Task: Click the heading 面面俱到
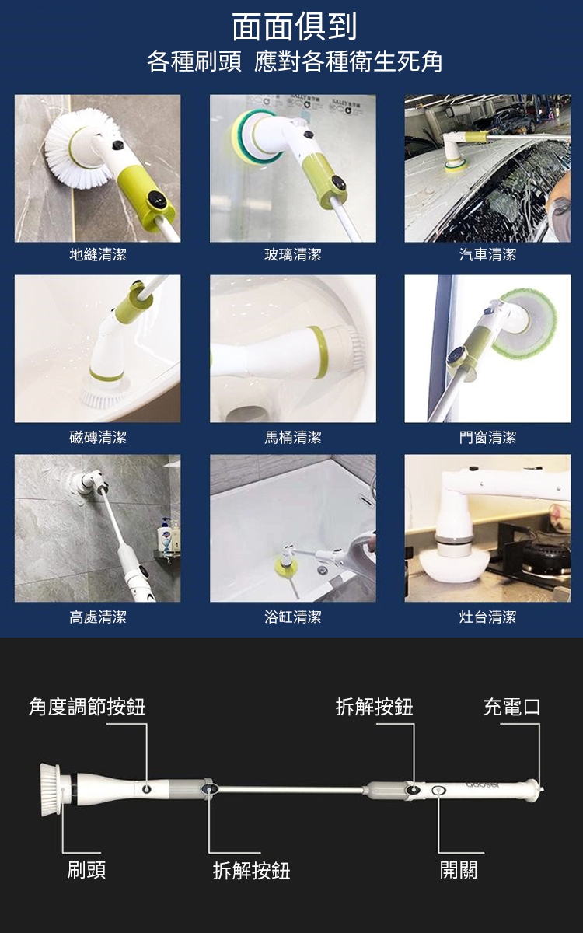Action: click(294, 26)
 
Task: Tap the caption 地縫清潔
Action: click(98, 254)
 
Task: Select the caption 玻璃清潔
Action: click(293, 254)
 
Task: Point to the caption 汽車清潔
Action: click(487, 254)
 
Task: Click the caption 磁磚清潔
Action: click(98, 437)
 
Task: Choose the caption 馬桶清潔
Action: click(293, 437)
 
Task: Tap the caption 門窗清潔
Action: click(487, 437)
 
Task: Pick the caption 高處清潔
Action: click(98, 617)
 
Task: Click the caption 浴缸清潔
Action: click(293, 617)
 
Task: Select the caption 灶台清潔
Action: click(487, 617)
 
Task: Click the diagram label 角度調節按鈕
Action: click(87, 708)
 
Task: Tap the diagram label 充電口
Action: click(511, 708)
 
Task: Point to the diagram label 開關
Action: click(459, 871)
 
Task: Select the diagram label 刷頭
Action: click(86, 871)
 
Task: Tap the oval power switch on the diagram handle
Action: click(438, 790)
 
